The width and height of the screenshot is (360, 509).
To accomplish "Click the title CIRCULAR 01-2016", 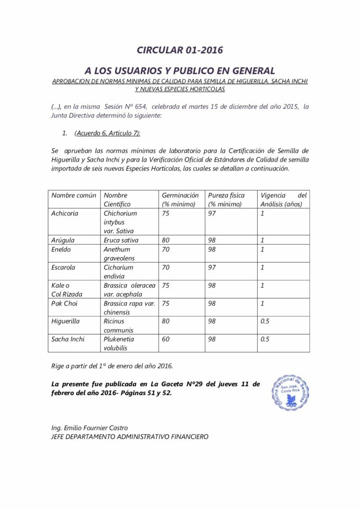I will click(180, 50).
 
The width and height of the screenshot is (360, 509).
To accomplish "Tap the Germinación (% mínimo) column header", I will click(180, 199).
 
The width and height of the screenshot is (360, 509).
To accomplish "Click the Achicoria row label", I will click(65, 213).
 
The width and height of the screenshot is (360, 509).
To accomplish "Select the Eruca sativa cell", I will click(121, 240).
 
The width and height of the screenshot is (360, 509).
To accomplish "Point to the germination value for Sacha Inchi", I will click(166, 339).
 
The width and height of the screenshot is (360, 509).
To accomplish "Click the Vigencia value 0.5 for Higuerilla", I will click(265, 321).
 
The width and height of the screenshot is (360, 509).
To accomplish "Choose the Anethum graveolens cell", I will click(117, 254).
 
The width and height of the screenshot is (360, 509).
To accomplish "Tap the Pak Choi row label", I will click(64, 303).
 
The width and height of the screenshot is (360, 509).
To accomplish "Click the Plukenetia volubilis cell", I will click(119, 343).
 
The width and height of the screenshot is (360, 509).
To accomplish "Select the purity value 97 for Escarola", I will click(212, 267).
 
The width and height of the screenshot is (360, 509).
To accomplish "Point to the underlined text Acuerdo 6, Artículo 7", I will click(107, 133).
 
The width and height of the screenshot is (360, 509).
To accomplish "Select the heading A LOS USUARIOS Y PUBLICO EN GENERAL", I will click(180, 71).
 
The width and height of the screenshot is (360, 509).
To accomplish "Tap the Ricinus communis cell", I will click(118, 325).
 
